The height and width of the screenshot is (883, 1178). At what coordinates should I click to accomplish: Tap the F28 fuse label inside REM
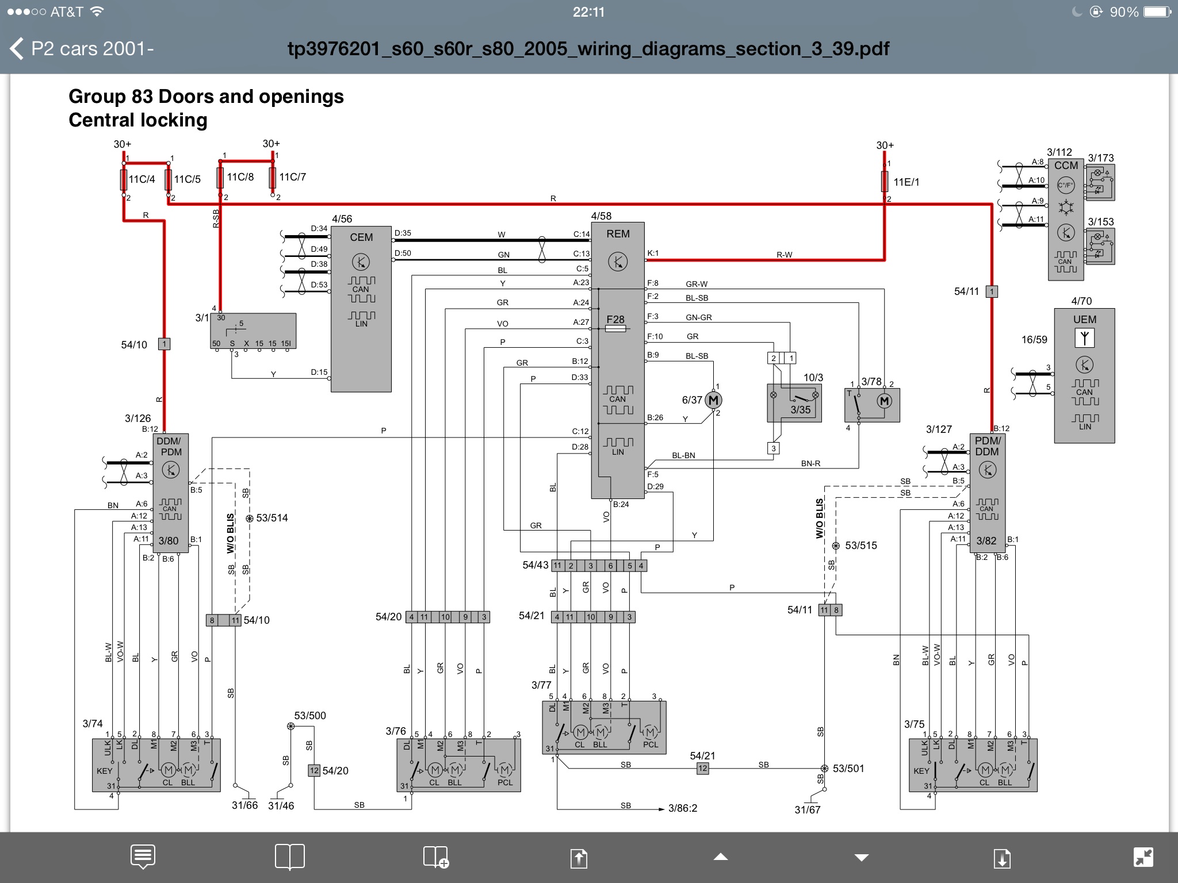(x=615, y=320)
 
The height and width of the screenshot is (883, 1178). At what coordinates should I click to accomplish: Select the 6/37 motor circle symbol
(x=713, y=400)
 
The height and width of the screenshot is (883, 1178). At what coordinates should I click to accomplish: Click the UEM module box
(x=1084, y=376)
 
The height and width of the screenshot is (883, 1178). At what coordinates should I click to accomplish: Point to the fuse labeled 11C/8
(x=220, y=178)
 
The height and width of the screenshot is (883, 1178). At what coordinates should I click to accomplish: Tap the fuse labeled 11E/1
(x=885, y=182)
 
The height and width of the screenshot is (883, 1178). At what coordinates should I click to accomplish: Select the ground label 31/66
(x=244, y=805)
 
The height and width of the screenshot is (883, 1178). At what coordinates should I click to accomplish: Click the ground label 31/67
(x=807, y=809)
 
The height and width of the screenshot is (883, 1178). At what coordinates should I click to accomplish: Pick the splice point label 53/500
(x=309, y=716)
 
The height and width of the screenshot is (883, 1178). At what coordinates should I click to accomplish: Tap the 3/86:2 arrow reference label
(x=682, y=808)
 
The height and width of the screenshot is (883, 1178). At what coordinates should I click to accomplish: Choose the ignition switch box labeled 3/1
(x=253, y=331)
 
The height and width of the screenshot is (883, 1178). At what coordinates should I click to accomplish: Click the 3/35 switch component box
(x=794, y=403)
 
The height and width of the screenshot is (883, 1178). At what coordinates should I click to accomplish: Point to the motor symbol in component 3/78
(x=884, y=401)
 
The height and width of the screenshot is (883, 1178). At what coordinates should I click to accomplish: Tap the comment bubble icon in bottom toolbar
(x=143, y=857)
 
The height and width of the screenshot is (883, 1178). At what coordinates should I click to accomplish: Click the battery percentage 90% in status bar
(x=1124, y=12)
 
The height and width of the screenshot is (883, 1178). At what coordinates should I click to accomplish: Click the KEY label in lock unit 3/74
(x=104, y=771)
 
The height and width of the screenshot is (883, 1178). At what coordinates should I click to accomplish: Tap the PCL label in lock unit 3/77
(x=651, y=744)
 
